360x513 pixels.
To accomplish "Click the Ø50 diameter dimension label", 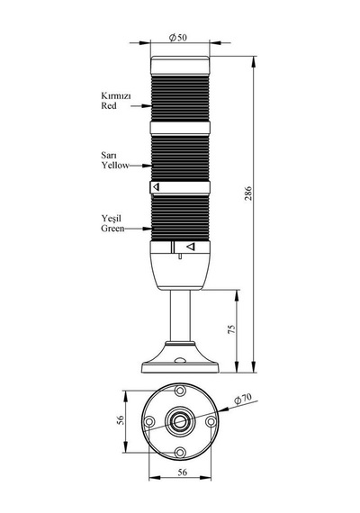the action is (x=178, y=38).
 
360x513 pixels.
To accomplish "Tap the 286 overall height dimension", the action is (x=248, y=193).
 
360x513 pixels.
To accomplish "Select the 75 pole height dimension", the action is (x=231, y=329).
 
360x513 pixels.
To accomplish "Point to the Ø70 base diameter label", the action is (x=243, y=398).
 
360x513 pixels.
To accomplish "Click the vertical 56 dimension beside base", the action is (x=121, y=420).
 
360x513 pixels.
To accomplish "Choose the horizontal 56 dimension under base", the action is (x=183, y=472).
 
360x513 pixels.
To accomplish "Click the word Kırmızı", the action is (x=116, y=96).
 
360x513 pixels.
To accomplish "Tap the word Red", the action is (x=109, y=105).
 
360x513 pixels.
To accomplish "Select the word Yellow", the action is (x=115, y=166).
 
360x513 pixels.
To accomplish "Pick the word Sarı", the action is (x=109, y=155).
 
